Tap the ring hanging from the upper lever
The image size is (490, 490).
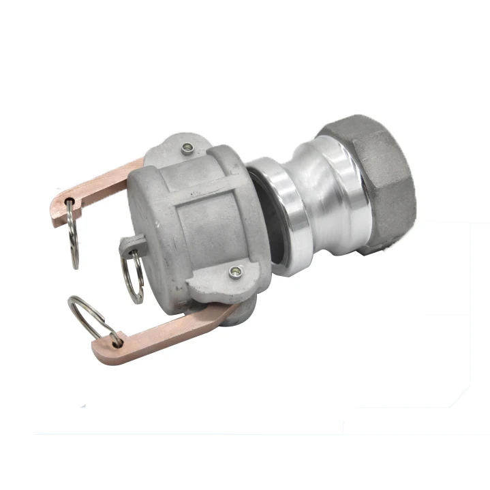pos(74,235)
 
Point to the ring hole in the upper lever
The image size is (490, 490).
pos(71,200)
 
